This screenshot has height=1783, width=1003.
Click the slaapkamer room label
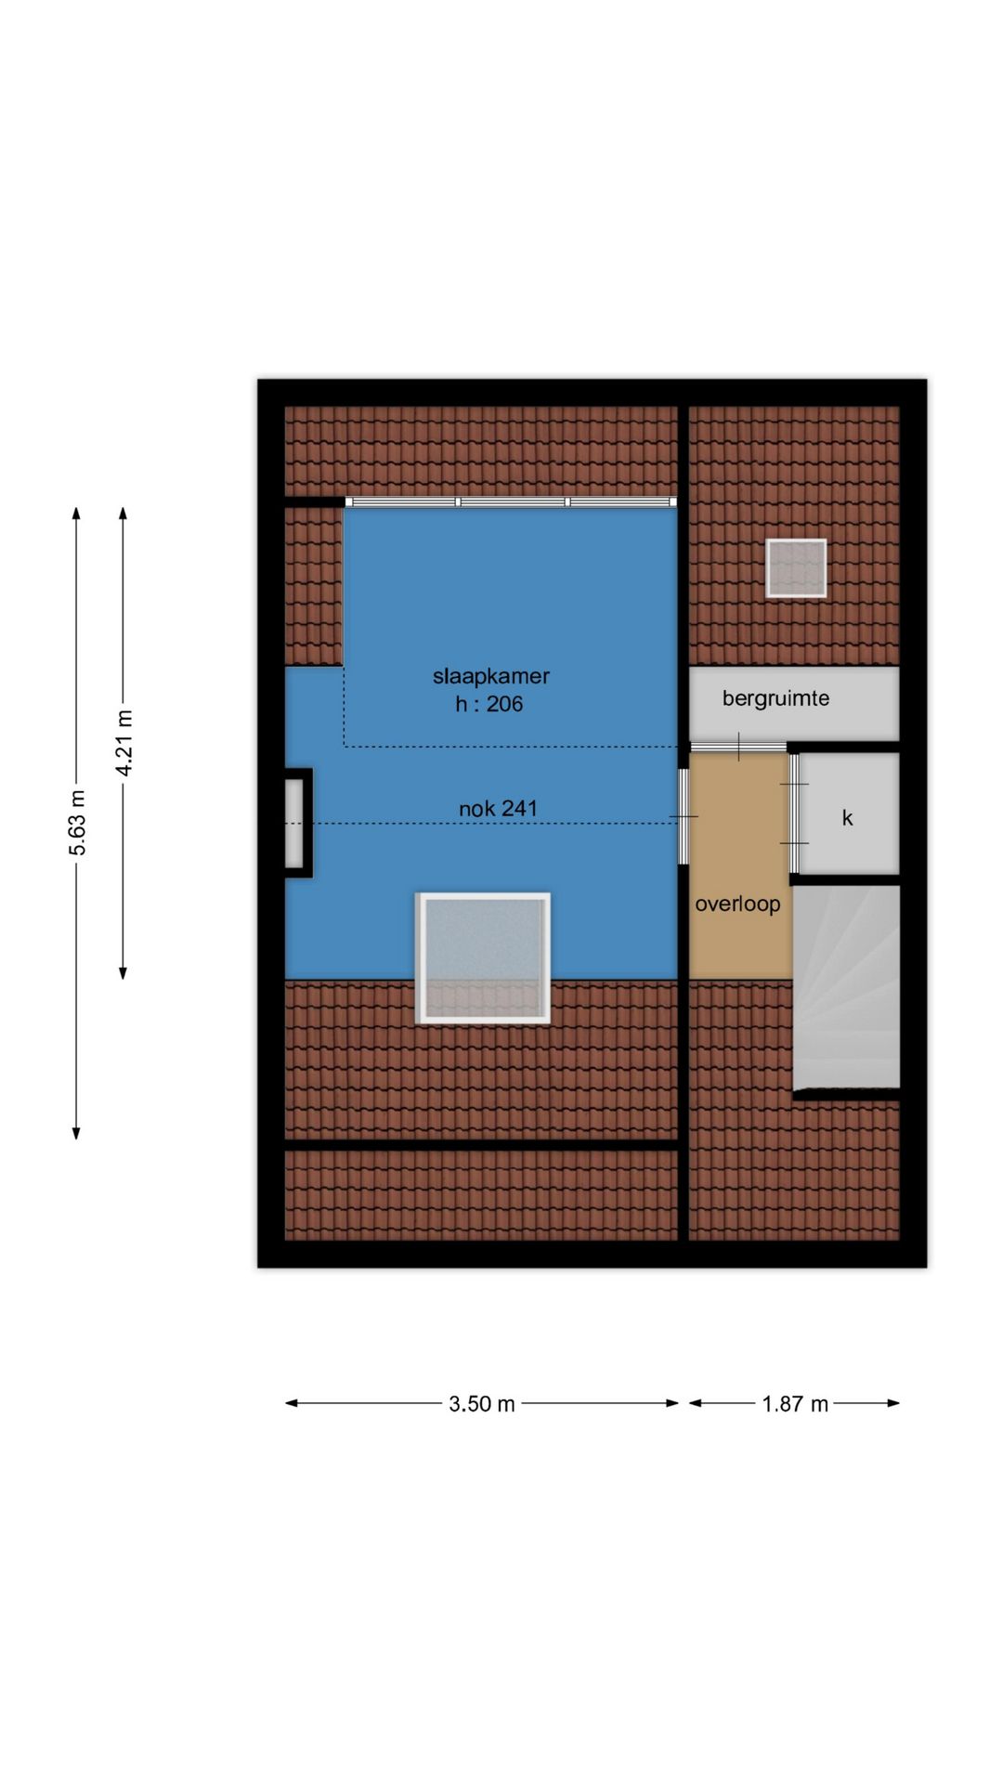point(490,676)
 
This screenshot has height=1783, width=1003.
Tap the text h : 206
point(488,704)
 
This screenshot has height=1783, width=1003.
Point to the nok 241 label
point(498,809)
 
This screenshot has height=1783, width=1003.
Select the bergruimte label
point(775,698)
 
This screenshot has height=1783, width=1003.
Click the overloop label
point(737,904)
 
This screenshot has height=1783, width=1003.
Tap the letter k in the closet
point(847,818)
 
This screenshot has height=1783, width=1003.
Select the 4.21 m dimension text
point(124,743)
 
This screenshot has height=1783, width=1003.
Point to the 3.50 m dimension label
point(481,1404)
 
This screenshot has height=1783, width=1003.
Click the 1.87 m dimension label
point(794,1404)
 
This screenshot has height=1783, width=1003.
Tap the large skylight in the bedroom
point(483,957)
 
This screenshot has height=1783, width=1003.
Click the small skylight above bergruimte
point(796,567)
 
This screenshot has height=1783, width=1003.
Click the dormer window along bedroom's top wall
point(511,501)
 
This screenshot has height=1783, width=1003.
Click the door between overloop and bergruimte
point(739,747)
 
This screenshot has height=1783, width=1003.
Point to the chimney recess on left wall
point(294,823)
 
